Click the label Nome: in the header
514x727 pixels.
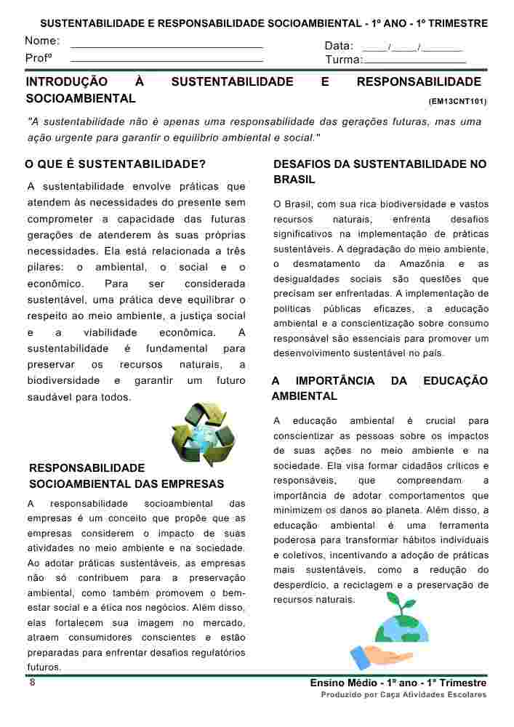tap(42, 41)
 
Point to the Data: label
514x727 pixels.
tap(339, 46)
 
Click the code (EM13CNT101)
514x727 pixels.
tap(457, 102)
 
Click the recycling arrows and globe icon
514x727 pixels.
tap(203, 435)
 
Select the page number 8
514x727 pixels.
tap(32, 683)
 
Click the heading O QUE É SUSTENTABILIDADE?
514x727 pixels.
tap(116, 164)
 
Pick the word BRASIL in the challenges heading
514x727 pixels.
tap(294, 180)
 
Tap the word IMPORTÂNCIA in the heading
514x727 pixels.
tap(335, 381)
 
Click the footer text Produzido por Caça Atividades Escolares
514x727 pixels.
tap(403, 695)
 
